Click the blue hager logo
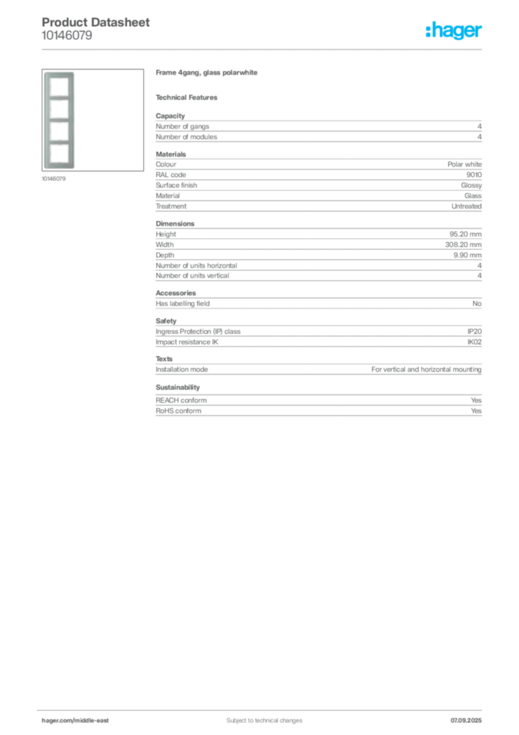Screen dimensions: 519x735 pyautogui.click(x=454, y=31)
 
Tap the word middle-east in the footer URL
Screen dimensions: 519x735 pyautogui.click(x=93, y=720)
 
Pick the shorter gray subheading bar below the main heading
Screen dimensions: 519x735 pyautogui.click(x=189, y=97)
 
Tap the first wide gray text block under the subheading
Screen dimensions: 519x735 pyautogui.click(x=318, y=128)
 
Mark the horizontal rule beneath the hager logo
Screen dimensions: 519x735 pyautogui.click(x=287, y=49)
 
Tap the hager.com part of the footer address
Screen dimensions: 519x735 pyautogui.click(x=57, y=720)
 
